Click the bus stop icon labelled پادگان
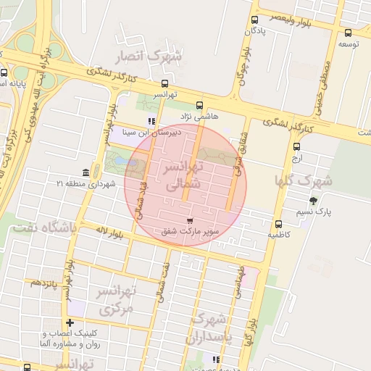[254, 20]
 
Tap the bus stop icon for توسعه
[349, 33]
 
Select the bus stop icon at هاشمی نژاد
[200, 104]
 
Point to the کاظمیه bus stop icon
[279, 223]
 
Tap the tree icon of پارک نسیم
[313, 201]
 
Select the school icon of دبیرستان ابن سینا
[151, 122]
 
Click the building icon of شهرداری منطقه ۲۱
[86, 172]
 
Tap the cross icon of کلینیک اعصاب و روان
[70, 322]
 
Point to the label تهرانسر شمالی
[178, 176]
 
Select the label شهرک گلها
[303, 180]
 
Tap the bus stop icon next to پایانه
[4, 73]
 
